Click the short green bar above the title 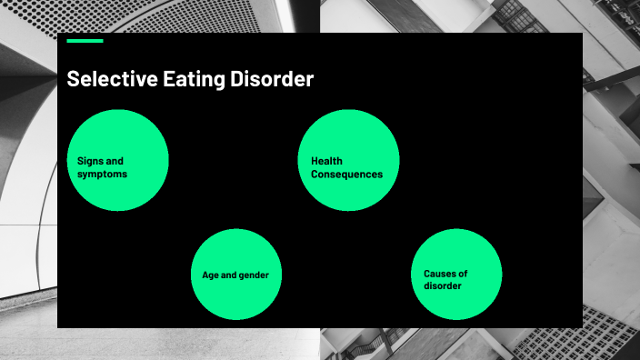click(85, 41)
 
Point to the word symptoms click(102, 175)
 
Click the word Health click(326, 162)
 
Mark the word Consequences click(346, 175)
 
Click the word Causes click(441, 274)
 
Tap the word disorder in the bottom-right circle click(442, 286)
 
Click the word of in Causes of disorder click(463, 274)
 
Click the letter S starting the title click(73, 80)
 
